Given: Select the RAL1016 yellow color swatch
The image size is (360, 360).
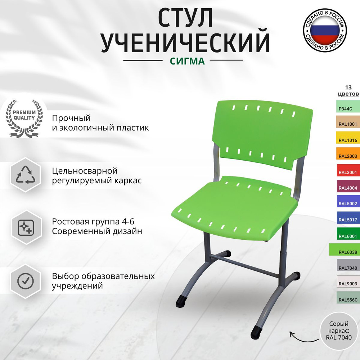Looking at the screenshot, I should coord(347,140).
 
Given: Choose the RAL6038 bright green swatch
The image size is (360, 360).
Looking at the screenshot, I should coord(345,252).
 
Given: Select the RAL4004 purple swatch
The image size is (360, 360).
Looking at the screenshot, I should coord(347,188).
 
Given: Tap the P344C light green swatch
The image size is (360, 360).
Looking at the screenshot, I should coord(347,108).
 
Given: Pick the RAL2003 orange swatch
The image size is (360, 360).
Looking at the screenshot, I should coord(347,156).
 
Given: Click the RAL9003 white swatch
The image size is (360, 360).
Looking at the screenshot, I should coord(347,283).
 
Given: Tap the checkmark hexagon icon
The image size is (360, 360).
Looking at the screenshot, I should coord(25,281).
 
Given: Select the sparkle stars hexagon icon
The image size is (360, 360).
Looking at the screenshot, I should coord(26,228).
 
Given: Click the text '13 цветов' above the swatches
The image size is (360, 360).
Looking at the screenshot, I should coord(347,90).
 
